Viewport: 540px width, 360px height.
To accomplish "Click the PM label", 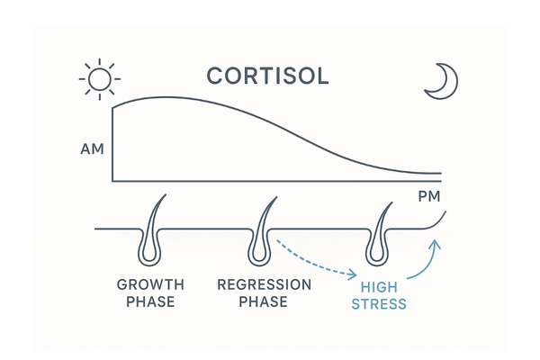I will pos(432,197).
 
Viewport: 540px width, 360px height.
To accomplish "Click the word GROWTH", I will pos(150,284).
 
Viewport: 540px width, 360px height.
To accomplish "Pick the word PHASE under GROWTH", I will pos(150,302).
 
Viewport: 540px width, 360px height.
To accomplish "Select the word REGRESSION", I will pos(264,284).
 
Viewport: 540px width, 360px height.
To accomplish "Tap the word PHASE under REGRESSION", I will pos(264,302).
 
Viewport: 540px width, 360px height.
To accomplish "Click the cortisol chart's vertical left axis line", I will pos(112,144).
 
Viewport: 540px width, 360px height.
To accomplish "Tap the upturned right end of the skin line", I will pos(440,218).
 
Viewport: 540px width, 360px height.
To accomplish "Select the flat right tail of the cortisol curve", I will pos(423,172).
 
